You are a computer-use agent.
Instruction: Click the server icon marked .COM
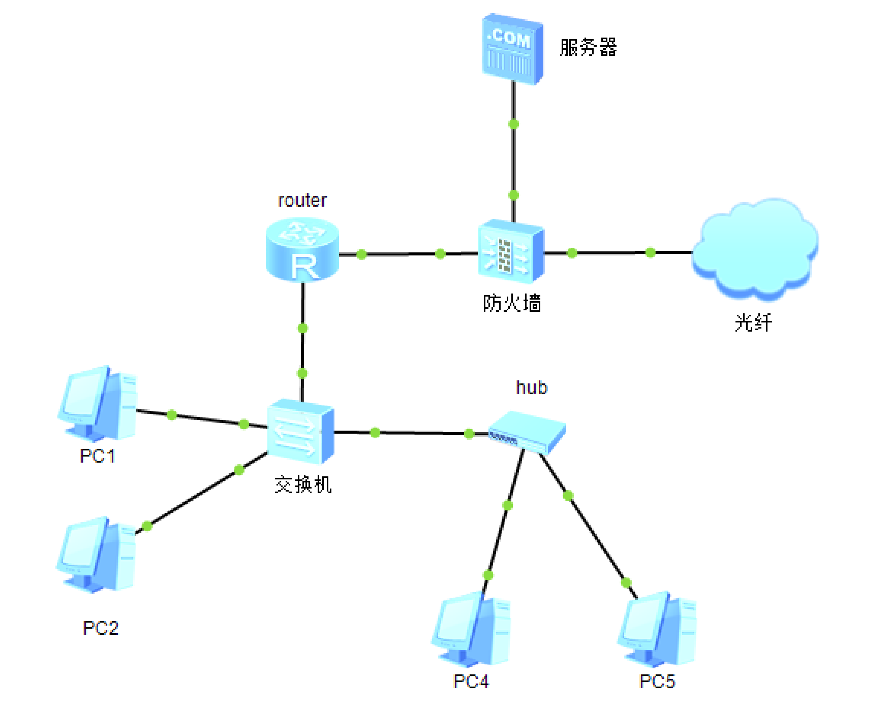[512, 49]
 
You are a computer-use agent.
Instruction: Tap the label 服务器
[588, 47]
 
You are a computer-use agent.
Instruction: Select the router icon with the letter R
[302, 250]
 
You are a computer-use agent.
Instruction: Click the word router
[302, 200]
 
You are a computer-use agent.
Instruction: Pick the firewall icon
[511, 251]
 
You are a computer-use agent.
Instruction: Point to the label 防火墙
[512, 303]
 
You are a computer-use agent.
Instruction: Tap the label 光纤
[753, 322]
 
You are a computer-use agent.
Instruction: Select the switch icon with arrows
[301, 432]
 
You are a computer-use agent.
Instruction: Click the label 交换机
[303, 484]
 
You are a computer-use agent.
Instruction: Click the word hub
[532, 387]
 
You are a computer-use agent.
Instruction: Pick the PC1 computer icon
[98, 404]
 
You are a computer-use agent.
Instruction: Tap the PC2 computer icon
[97, 555]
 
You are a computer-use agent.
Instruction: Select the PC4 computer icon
[471, 630]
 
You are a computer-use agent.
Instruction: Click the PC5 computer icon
[657, 630]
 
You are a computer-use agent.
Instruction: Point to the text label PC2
[101, 628]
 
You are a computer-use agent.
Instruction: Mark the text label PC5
[657, 681]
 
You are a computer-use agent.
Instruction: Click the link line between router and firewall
[402, 254]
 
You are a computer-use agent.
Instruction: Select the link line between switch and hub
[422, 433]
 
